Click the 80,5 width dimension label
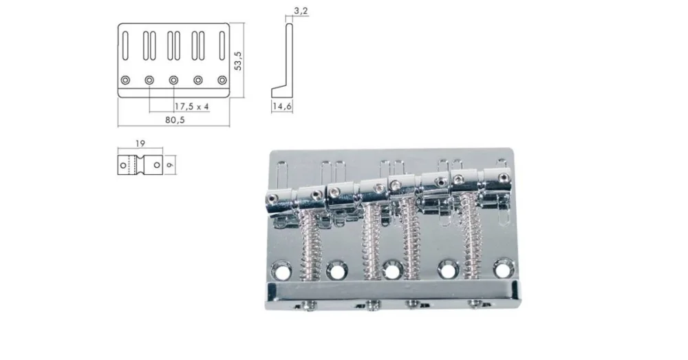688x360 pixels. pos(175,120)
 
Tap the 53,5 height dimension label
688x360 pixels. pos(238,61)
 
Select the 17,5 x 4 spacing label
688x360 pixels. pos(191,107)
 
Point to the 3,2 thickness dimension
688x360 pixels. pos(301,11)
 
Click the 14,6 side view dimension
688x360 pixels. pos(281,107)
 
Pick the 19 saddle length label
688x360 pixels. pos(140,144)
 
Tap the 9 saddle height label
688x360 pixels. pos(171,165)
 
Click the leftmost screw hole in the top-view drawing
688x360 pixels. pos(125,81)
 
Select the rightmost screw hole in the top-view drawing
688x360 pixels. pos(222,81)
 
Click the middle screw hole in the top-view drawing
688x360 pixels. pos(174,81)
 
